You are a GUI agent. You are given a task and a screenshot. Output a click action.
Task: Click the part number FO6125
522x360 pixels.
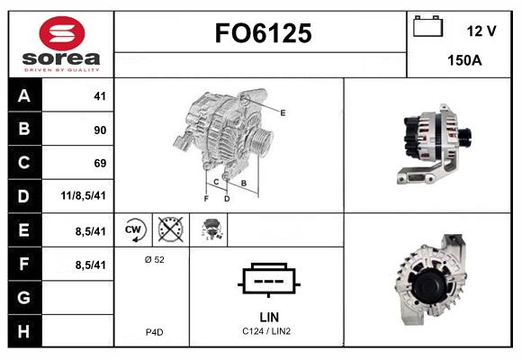[263, 33]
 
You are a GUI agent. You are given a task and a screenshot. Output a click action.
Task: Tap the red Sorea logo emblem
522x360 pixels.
[62, 33]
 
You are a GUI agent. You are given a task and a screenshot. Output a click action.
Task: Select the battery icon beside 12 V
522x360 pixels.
[427, 26]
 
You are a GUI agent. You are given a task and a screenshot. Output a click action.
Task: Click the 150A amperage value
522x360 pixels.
[464, 60]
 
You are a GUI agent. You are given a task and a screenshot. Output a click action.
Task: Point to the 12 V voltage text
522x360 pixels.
[481, 31]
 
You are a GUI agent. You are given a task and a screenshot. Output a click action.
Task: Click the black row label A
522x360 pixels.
[24, 95]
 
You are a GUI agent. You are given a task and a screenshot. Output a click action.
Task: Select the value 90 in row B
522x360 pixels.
[100, 130]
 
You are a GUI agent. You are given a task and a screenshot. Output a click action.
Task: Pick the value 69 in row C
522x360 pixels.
[100, 163]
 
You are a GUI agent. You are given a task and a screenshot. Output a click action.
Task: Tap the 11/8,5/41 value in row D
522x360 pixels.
[83, 195]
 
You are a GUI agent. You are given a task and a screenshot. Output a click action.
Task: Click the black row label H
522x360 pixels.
[24, 331]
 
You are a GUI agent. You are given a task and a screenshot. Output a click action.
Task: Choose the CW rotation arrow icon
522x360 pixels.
[134, 229]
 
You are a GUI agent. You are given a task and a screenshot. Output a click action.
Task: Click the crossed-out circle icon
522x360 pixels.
[171, 229]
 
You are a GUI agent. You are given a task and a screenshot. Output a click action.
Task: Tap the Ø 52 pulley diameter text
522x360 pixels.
[155, 259]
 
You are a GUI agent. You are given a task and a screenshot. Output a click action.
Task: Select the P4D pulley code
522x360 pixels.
[155, 332]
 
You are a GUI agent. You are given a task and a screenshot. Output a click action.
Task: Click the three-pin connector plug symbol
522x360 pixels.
[269, 280]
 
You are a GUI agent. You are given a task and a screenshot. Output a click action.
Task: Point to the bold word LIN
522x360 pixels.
[269, 317]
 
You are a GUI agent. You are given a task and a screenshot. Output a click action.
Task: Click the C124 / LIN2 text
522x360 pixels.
[266, 331]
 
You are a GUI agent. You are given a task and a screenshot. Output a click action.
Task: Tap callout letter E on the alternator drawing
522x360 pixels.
[283, 112]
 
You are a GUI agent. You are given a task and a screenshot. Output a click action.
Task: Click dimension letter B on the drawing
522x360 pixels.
[244, 183]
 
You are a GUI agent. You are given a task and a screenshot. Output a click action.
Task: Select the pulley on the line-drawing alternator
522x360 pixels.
[261, 141]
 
